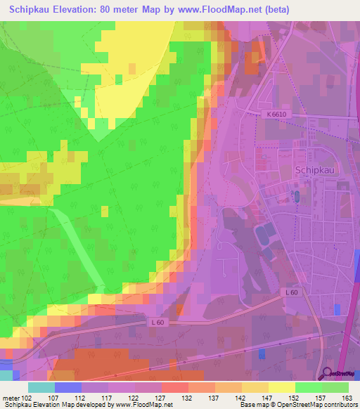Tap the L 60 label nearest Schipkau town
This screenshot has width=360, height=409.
point(293,292)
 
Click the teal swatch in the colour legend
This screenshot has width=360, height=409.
point(41,387)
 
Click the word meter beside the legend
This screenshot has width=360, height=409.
point(10,397)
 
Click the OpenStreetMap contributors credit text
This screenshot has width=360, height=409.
point(326,405)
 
